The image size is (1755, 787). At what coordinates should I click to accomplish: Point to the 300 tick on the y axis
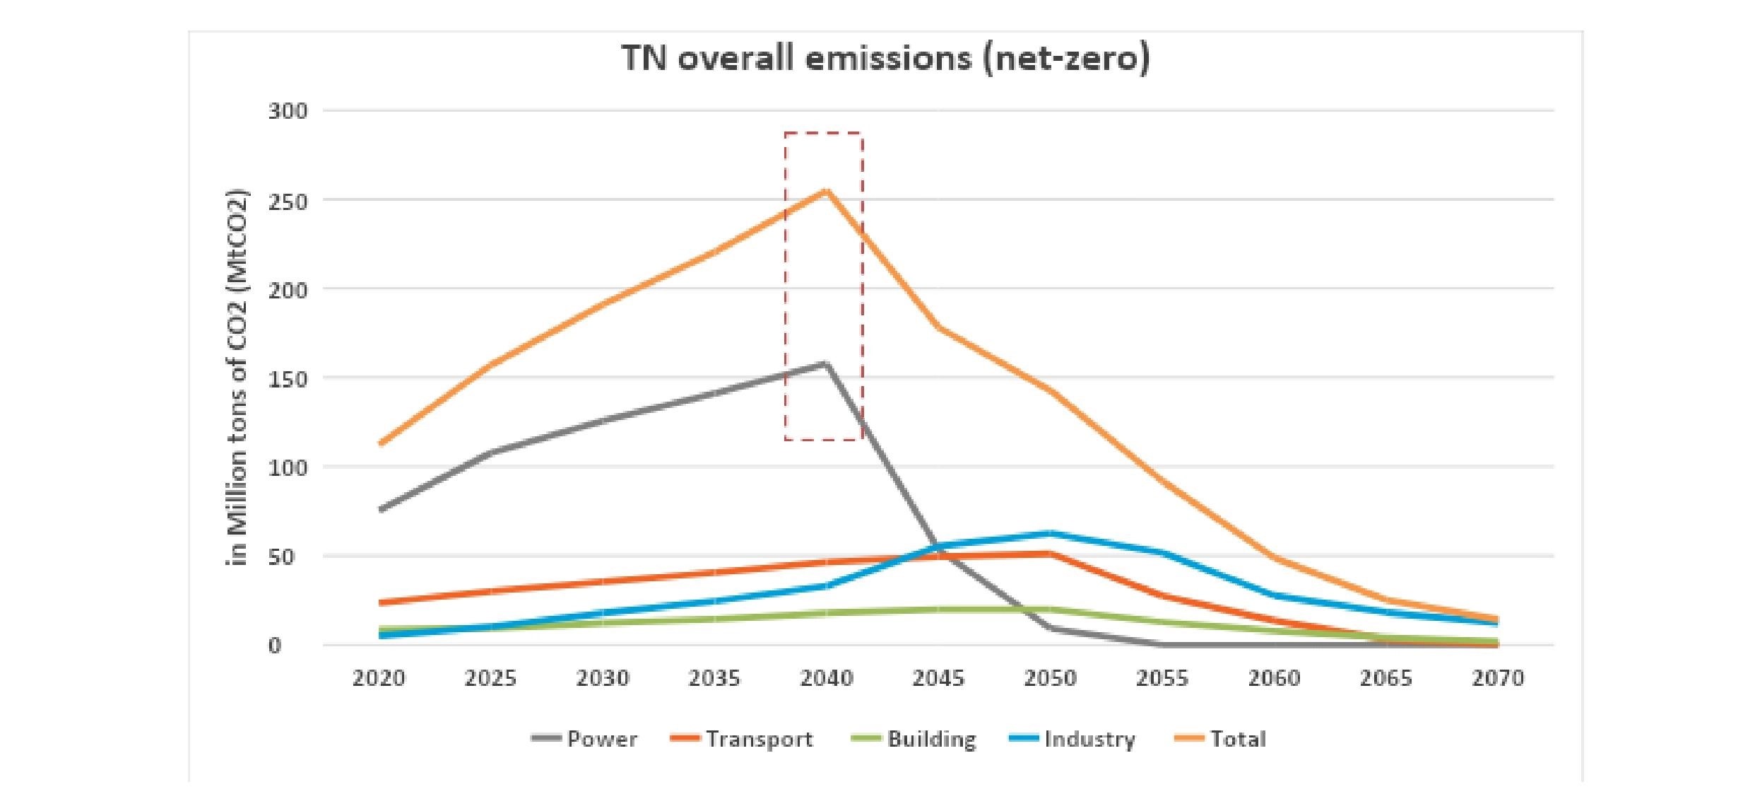tap(288, 111)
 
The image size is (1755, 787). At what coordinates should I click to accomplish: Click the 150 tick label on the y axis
tap(288, 379)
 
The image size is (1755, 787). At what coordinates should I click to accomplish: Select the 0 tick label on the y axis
tap(275, 646)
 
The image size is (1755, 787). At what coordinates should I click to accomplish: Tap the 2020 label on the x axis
tap(379, 679)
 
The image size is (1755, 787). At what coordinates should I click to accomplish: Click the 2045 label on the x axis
tap(938, 679)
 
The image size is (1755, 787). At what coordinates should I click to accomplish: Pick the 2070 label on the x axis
tap(1498, 679)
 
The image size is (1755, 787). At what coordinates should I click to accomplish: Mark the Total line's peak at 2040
tap(826, 190)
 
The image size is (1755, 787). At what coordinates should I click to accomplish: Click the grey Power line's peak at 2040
tap(825, 364)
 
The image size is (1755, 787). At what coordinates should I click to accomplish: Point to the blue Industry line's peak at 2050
tap(1050, 533)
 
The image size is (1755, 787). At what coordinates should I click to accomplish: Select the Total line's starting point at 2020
tap(382, 443)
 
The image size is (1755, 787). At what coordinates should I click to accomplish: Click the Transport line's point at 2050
tap(1050, 553)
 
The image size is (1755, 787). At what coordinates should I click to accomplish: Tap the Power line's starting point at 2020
tap(382, 509)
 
